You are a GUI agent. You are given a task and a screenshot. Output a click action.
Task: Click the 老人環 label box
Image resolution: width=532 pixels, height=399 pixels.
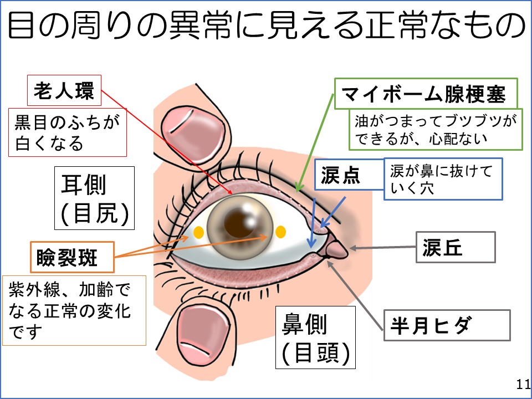[x=64, y=90]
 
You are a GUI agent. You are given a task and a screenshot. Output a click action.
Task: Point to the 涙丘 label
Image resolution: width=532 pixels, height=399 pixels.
[x=455, y=247]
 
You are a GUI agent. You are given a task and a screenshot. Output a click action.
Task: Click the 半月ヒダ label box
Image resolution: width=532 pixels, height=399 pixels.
[x=446, y=325]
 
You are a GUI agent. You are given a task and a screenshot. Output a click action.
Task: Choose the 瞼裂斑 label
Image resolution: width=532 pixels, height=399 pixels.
[x=71, y=257]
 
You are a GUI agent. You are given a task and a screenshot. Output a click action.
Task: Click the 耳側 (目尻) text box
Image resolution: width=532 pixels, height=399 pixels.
[x=94, y=198]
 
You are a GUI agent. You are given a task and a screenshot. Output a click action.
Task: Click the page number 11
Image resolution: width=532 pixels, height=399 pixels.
[x=522, y=385]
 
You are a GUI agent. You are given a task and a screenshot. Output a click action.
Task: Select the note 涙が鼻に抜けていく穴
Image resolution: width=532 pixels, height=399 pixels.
[x=443, y=179]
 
